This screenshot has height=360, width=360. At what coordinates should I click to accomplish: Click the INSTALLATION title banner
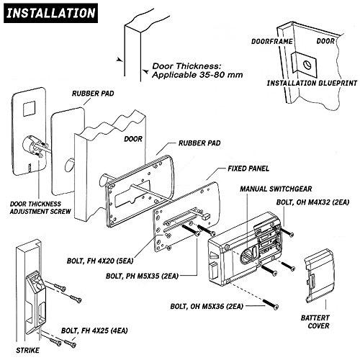[50, 13]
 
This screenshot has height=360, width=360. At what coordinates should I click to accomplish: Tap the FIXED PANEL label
[248, 168]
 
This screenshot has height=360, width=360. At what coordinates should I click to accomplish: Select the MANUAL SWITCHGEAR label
[276, 189]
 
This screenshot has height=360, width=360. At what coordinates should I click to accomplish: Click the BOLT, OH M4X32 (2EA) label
[312, 202]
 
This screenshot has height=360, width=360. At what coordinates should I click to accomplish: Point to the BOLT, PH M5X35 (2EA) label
[142, 276]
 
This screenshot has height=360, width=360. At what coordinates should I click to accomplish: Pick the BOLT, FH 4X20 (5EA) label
[100, 261]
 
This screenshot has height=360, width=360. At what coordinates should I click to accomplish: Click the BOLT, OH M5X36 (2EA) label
[207, 307]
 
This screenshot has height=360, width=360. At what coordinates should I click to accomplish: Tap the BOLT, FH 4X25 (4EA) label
[94, 330]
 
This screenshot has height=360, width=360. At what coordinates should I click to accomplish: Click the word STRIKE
[27, 350]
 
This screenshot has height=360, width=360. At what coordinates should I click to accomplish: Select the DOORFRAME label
[272, 42]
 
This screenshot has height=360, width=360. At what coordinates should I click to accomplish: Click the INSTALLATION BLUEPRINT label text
[312, 83]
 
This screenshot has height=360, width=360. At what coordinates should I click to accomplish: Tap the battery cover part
[318, 276]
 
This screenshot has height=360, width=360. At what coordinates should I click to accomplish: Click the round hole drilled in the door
[70, 165]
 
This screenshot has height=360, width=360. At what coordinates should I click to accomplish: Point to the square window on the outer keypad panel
[29, 109]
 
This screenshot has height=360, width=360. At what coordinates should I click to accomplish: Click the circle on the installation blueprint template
[307, 65]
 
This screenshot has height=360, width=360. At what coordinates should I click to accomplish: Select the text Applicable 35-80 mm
[197, 75]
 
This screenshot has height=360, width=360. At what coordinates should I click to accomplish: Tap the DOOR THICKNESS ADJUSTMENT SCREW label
[40, 208]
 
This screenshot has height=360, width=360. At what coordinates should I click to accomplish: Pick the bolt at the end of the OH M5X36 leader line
[271, 304]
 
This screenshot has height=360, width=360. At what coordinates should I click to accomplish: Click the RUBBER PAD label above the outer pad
[93, 94]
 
